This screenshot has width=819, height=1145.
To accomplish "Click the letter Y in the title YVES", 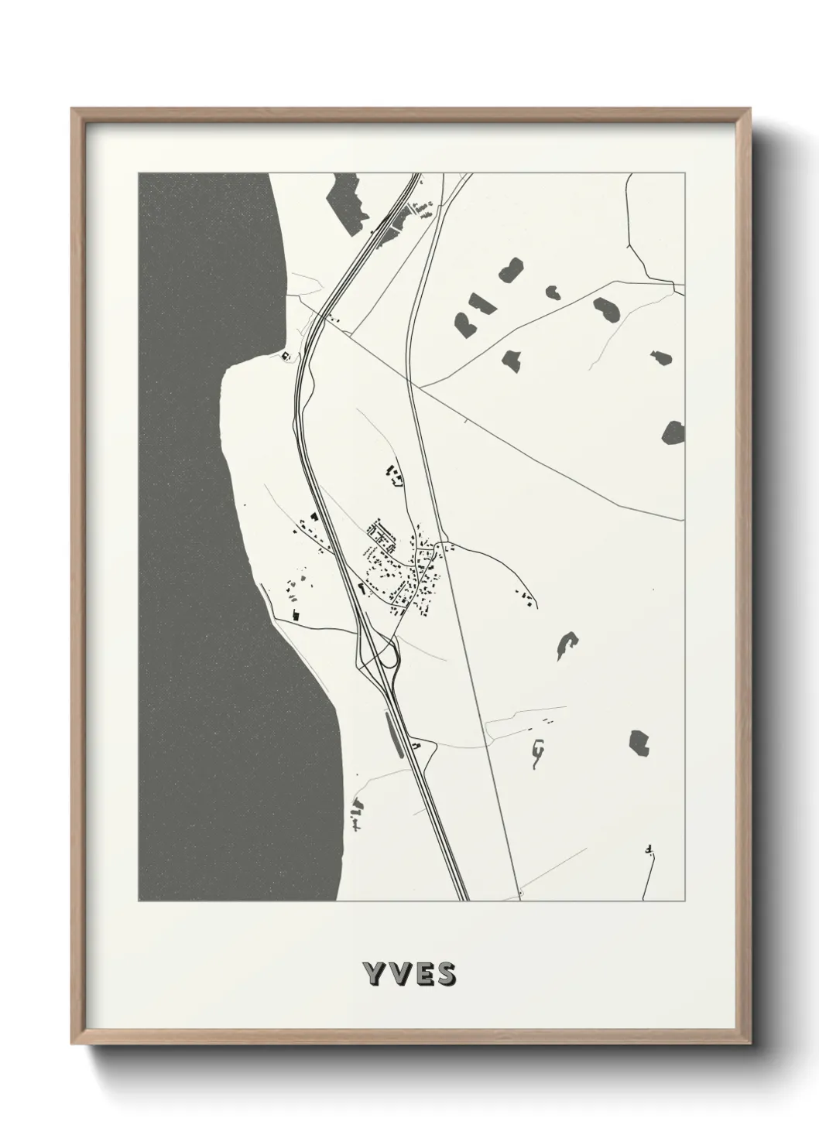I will pos(372,974).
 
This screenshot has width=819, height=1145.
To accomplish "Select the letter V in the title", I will pos(396,974).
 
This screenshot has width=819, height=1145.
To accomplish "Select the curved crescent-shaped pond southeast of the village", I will pos(567,644).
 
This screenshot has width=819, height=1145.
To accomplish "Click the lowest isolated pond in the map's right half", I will pos(639,743).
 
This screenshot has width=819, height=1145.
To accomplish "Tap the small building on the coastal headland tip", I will pos(286,356).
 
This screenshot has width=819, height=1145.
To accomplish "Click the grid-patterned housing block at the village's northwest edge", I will pos(380,531).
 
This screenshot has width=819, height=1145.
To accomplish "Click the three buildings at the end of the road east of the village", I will pos(525,597).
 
